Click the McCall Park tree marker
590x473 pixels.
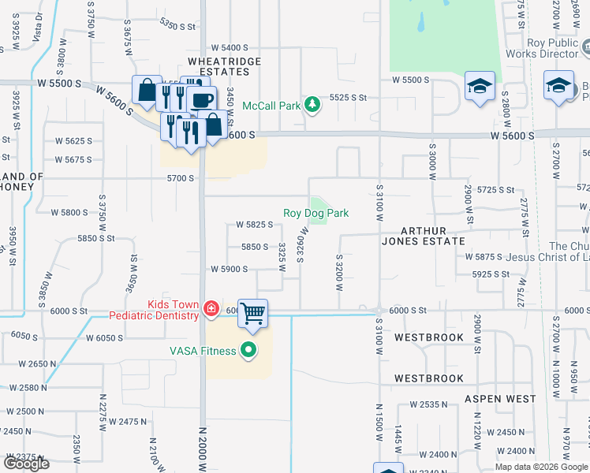pyautogui.click(x=312, y=104)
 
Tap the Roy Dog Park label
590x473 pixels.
pyautogui.click(x=316, y=213)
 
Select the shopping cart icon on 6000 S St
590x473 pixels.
pyautogui.click(x=252, y=314)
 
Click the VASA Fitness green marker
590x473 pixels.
pyautogui.click(x=249, y=350)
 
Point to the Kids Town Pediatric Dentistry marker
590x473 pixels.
pyautogui.click(x=211, y=308)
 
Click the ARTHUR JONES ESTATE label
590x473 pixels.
pyautogui.click(x=430, y=235)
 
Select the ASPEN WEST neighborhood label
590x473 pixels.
pyautogui.click(x=499, y=399)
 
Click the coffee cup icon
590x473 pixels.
pyautogui.click(x=203, y=99)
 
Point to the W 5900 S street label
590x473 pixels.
pyautogui.click(x=229, y=269)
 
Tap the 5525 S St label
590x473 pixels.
pyautogui.click(x=349, y=97)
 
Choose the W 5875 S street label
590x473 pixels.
pyautogui.click(x=484, y=257)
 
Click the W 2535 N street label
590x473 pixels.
pyautogui.click(x=428, y=404)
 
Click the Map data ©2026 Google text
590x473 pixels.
pyautogui.click(x=541, y=467)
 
